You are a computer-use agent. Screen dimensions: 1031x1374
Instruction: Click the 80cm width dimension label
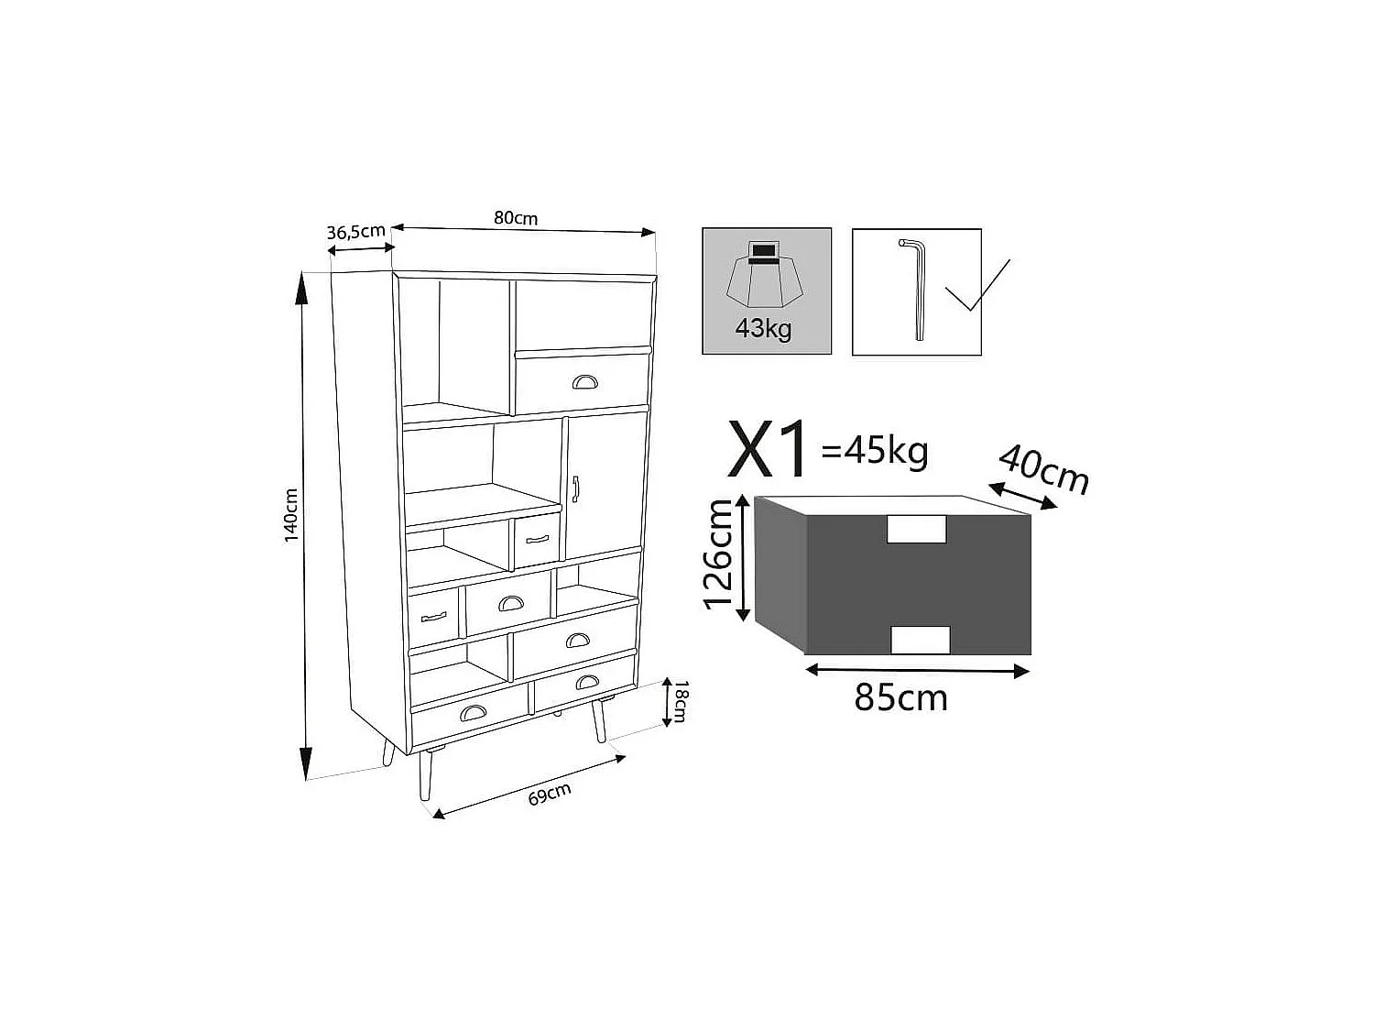(x=516, y=218)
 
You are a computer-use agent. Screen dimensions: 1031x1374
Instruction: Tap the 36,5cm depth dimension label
(x=355, y=232)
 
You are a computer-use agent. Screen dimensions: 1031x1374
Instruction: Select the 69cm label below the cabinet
(x=550, y=794)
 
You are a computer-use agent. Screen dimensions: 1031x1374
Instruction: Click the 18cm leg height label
(x=679, y=702)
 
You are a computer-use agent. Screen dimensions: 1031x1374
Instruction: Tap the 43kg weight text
(x=763, y=328)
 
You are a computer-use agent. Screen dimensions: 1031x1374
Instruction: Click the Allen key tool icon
(x=916, y=289)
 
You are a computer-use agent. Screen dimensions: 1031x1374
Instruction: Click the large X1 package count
(x=768, y=450)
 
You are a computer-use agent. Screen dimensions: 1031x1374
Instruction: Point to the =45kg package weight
(x=876, y=451)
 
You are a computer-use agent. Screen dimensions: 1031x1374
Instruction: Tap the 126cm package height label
(x=720, y=554)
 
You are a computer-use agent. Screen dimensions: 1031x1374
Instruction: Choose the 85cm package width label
(x=900, y=698)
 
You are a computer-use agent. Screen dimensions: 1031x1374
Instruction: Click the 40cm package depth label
(x=1043, y=470)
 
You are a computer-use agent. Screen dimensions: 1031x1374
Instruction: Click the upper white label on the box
(x=916, y=529)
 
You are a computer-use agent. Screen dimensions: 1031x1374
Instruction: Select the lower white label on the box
(x=921, y=640)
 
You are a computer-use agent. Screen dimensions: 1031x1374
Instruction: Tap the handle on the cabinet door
(x=575, y=489)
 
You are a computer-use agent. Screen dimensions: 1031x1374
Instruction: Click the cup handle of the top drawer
(x=583, y=381)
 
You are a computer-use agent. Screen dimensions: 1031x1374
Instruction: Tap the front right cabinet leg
(x=599, y=722)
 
